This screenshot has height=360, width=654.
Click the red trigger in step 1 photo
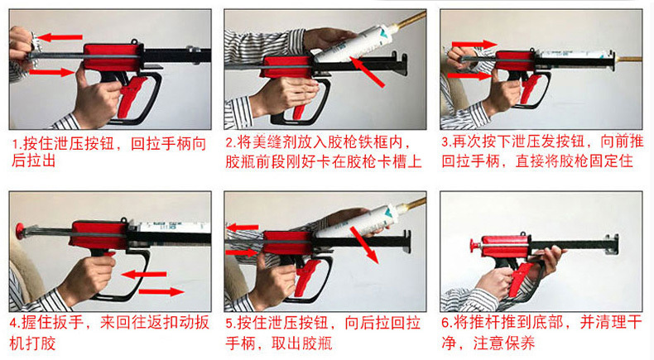[x=132, y=96]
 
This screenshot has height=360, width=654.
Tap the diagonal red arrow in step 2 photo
[x=367, y=72]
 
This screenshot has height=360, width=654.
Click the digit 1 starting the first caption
[x=16, y=144]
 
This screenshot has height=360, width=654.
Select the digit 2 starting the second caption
[x=230, y=142]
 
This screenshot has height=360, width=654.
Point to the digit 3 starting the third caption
[x=445, y=142]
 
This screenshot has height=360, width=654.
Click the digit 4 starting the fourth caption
[x=13, y=323]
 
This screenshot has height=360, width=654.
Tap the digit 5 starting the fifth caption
[x=229, y=323]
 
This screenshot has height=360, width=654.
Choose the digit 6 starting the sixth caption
[x=445, y=323]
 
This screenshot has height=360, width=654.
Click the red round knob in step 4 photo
[x=19, y=231]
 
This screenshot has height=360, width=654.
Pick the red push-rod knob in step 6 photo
[x=473, y=247]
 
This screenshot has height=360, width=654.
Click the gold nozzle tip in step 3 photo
[x=628, y=60]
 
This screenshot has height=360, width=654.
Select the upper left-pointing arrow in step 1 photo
[x=60, y=37]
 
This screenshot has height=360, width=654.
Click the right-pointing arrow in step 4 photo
[x=161, y=291]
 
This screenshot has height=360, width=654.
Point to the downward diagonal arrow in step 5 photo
[x=363, y=245]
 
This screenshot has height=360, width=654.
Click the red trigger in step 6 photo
[x=518, y=278]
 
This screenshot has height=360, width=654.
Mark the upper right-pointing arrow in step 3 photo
[x=474, y=44]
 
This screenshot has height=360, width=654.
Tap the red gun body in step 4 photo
[x=99, y=235]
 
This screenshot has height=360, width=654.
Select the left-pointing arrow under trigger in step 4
[x=143, y=275]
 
